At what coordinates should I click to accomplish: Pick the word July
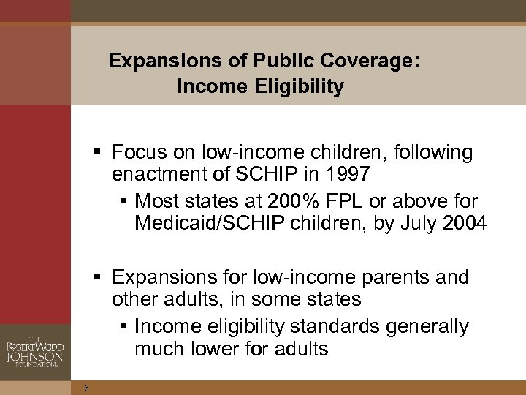click(411, 222)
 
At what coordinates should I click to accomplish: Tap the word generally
click(430, 326)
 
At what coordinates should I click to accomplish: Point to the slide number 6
click(86, 388)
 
